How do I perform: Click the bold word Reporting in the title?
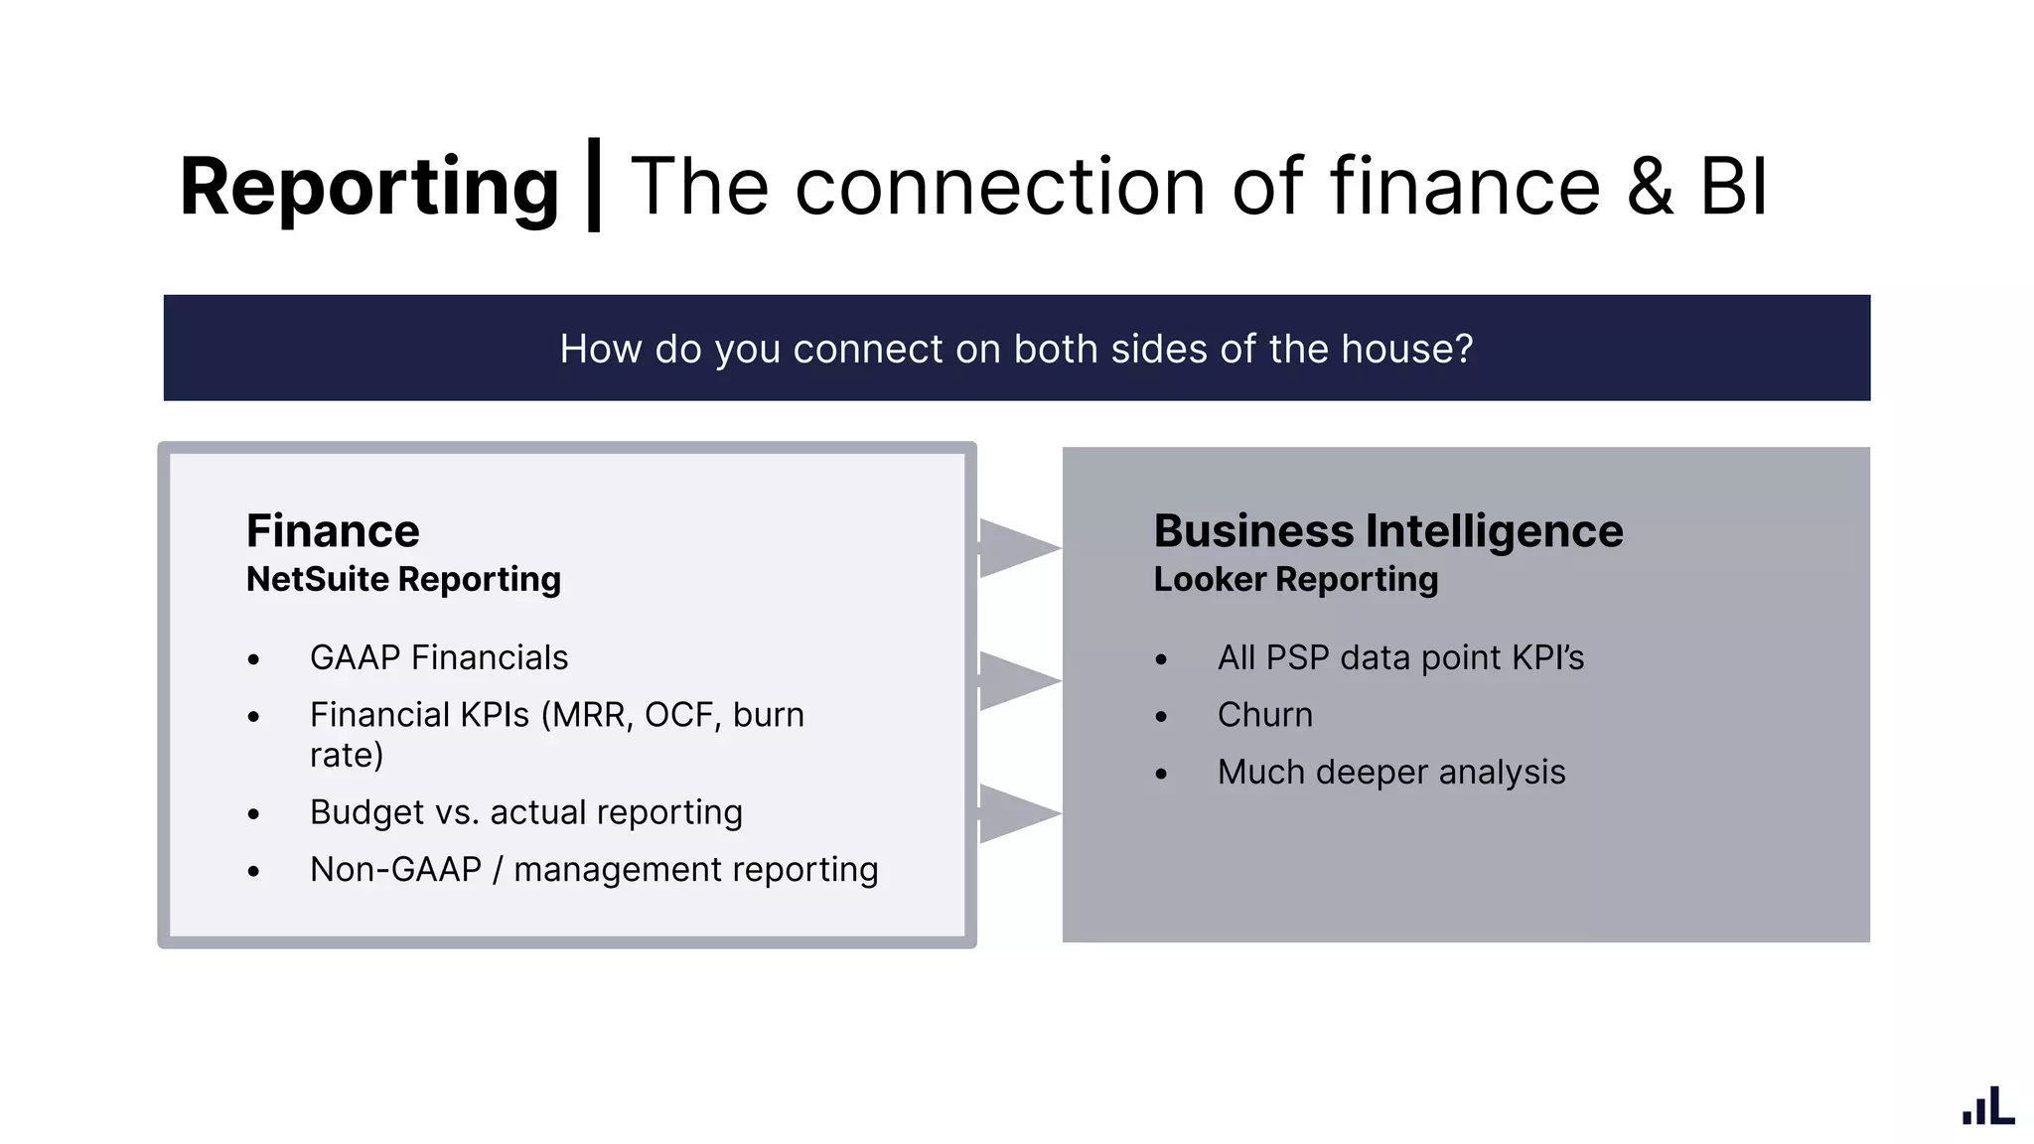(369, 188)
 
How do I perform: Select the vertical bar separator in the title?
(594, 186)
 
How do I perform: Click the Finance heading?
(333, 531)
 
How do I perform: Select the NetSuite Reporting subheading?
(403, 579)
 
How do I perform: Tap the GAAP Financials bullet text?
(439, 657)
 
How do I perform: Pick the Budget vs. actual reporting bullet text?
(525, 812)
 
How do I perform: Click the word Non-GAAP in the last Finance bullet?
(395, 870)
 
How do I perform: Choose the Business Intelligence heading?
(1387, 531)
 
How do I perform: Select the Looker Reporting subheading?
(1295, 579)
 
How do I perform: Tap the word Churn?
(1264, 715)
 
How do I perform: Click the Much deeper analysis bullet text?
(1390, 773)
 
